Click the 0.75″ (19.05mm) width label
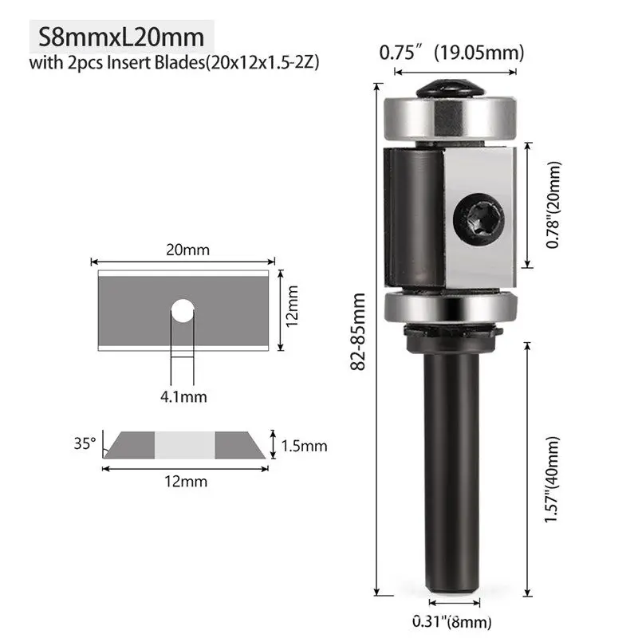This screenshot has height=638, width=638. (x=451, y=53)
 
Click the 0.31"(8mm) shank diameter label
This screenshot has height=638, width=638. (x=451, y=622)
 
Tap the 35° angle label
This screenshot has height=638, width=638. (x=85, y=441)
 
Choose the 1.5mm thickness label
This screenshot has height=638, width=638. (x=304, y=446)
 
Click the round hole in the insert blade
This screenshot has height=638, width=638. (x=183, y=310)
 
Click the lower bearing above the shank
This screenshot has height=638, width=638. (x=449, y=308)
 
